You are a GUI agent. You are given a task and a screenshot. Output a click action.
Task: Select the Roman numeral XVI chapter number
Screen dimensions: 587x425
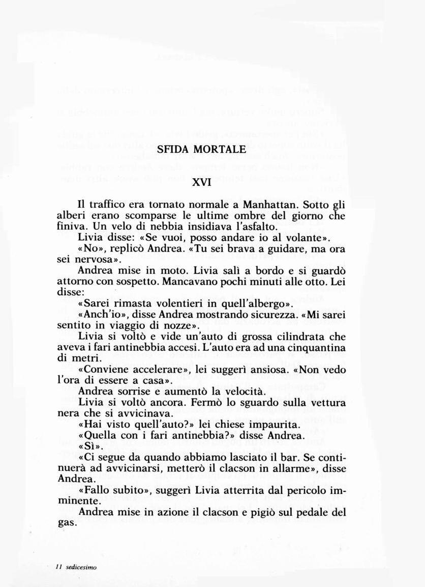pos(201,182)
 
